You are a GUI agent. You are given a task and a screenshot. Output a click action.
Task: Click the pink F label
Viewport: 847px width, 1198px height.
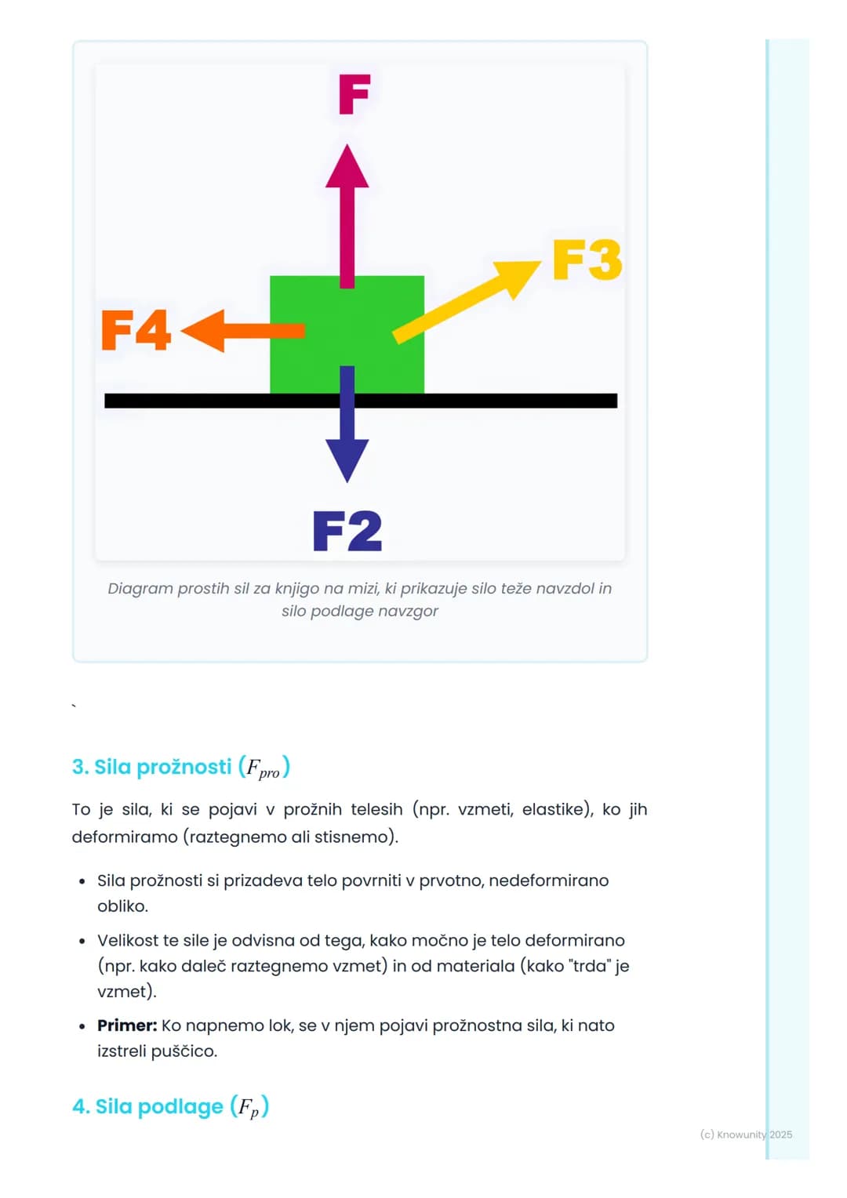[x=354, y=94]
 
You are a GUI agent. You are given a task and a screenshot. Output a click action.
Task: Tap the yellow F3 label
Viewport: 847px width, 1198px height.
[x=587, y=260]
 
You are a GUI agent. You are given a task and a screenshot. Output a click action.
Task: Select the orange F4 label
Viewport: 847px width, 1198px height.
[x=136, y=330]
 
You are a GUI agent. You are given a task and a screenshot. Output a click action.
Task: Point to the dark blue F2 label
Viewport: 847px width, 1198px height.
[x=347, y=531]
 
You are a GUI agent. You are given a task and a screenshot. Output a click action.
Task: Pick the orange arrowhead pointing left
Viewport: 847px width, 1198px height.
[x=202, y=331]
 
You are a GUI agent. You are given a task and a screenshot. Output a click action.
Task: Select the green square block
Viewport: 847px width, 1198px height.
[x=347, y=335]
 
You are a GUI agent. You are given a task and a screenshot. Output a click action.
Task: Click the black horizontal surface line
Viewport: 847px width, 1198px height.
[x=361, y=401]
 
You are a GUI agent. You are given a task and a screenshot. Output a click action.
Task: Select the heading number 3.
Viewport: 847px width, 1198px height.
[x=80, y=767]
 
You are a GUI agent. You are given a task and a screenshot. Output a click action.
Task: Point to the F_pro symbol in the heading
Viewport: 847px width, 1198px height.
[x=263, y=768]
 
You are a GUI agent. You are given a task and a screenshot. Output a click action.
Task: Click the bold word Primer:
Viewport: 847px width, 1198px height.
[x=127, y=1026]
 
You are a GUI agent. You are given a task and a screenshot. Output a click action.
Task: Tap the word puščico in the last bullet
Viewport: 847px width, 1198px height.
[x=184, y=1051]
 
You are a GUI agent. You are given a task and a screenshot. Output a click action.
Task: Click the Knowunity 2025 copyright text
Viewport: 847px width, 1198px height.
[x=747, y=1135]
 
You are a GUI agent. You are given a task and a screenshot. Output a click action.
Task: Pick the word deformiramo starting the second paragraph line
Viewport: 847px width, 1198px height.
[x=125, y=837]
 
